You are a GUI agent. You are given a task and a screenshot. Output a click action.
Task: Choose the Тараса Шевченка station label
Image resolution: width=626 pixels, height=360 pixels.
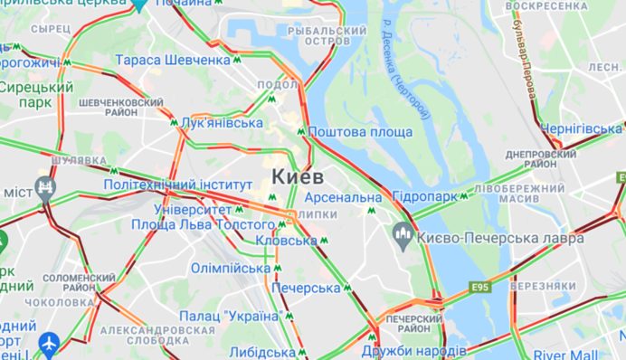click(x=173, y=60)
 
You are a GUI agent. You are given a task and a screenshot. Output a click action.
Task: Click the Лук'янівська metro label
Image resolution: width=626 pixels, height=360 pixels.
click(x=222, y=123)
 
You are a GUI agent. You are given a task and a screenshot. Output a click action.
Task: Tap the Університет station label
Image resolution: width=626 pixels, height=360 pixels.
click(x=192, y=210)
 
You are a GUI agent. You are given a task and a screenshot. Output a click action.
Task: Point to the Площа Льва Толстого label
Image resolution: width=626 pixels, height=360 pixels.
click(x=203, y=224)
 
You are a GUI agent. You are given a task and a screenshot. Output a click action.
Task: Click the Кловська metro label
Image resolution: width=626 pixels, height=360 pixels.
click(x=286, y=241)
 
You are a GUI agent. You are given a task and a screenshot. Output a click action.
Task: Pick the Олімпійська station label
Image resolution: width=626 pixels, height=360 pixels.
click(x=231, y=269)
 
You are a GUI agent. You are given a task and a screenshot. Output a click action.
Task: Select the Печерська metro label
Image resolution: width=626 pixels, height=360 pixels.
click(x=305, y=288)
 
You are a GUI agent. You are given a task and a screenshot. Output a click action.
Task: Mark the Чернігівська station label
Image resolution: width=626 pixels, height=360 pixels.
click(x=582, y=129)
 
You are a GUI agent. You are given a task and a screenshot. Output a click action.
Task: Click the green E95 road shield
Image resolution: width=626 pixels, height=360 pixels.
click(x=480, y=288)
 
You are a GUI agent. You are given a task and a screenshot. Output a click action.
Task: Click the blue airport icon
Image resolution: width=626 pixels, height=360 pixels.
click(x=48, y=343)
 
